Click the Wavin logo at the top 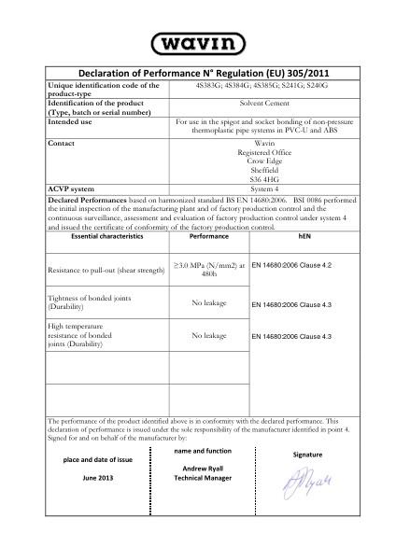[197, 43]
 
